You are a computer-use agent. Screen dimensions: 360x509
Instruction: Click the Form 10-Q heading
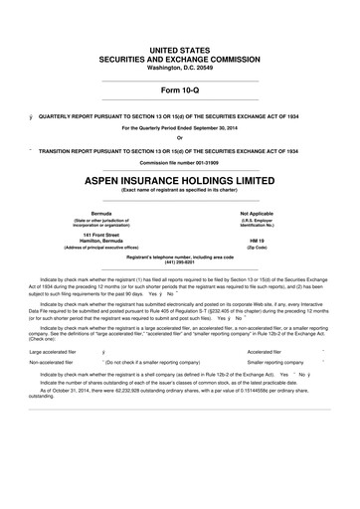179,93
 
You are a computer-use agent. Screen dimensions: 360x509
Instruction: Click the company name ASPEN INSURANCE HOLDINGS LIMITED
179,183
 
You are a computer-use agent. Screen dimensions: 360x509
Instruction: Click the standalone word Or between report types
179,137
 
